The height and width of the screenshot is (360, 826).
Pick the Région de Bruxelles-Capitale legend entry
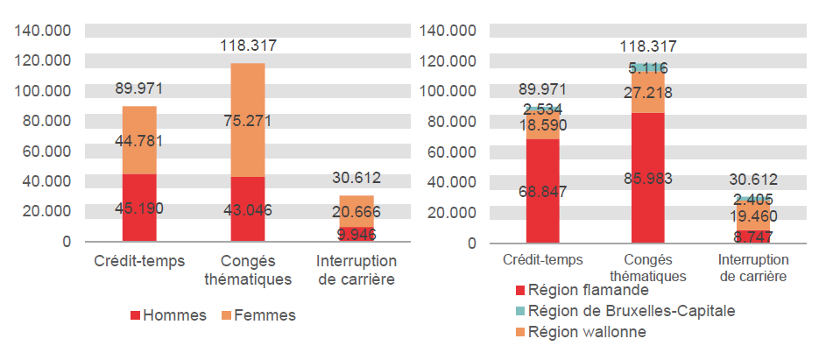(x=625, y=311)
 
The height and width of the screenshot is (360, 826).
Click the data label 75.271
(x=248, y=121)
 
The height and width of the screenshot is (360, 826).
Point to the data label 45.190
(x=139, y=208)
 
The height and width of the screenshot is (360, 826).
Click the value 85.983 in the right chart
(x=647, y=179)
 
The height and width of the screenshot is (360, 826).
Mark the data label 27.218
(x=647, y=93)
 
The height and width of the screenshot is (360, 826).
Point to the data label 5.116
(x=647, y=67)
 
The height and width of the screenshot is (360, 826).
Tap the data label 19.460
(x=752, y=215)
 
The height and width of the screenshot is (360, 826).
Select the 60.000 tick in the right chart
(x=449, y=152)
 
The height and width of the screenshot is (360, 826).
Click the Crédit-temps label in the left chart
(x=139, y=262)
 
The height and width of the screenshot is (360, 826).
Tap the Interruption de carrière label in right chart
(x=752, y=268)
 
